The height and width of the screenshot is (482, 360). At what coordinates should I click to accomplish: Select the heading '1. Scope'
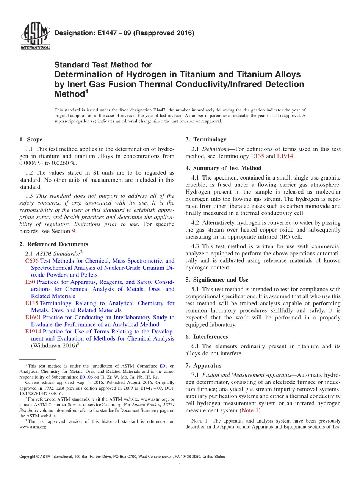coord(31,139)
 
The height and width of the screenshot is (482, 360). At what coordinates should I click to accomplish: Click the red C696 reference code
coord(32,261)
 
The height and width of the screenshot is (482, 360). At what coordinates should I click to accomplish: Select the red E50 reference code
coord(30,282)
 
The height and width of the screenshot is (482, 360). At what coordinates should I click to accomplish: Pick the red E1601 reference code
coord(33,317)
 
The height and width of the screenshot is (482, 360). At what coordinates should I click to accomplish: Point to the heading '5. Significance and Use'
coord(217,280)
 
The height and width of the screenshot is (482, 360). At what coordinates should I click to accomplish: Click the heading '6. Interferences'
coord(207,336)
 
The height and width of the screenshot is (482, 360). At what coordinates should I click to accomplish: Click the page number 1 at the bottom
coord(180,465)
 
